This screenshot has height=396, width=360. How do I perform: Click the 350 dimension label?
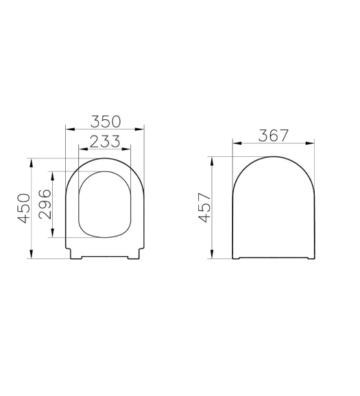tap(106, 121)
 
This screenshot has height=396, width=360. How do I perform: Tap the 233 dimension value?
tap(105, 141)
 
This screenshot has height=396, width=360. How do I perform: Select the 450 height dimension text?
tap(24, 208)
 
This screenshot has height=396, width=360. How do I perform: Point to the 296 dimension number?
tap(45, 203)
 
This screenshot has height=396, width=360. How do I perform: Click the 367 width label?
tap(274, 136)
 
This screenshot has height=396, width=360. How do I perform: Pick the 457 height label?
tap(204, 208)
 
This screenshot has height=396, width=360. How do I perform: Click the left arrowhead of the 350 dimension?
tap(70, 129)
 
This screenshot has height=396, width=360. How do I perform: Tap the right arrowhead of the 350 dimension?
tap(140, 129)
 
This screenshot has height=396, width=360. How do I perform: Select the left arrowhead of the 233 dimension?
tap(84, 149)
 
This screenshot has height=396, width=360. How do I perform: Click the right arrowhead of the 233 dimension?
tap(126, 149)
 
